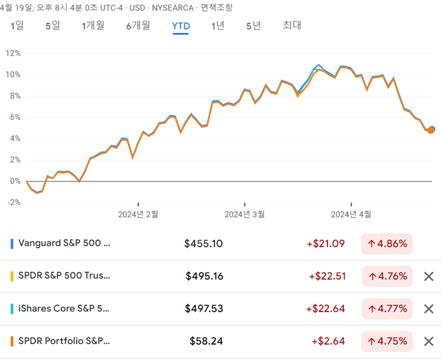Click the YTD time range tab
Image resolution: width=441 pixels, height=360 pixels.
point(181,25)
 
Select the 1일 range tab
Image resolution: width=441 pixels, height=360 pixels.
point(17,25)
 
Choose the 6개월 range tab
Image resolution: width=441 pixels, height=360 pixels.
point(138,25)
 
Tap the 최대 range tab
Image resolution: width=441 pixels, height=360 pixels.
point(292,25)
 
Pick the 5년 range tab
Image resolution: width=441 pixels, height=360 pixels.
point(254,25)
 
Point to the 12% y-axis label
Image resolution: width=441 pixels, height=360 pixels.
point(13,53)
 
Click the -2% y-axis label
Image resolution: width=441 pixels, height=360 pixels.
point(13,202)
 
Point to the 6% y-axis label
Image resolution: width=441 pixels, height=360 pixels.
point(13,117)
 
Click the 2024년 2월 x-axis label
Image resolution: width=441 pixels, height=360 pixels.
point(138,214)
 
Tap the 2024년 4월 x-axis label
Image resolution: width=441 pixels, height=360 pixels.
point(351,214)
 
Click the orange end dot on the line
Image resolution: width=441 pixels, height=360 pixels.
point(431,130)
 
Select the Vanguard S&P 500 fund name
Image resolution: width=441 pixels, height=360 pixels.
point(64,243)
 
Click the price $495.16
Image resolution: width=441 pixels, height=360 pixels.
point(204,276)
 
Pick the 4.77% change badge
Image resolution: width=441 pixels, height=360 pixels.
point(387,309)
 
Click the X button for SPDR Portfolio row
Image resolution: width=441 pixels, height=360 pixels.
point(428,341)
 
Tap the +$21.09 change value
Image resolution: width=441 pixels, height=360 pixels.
point(326,244)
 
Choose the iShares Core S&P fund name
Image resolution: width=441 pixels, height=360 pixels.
point(64,308)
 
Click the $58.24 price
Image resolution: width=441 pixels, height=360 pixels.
point(206,341)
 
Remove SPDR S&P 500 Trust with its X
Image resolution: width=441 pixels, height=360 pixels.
point(428,276)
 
